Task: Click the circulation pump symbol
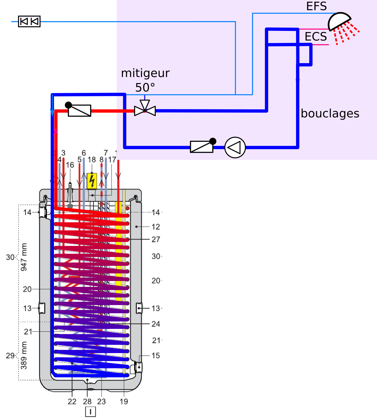point(235,147)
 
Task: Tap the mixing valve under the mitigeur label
point(145,110)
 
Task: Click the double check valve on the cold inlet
point(29,21)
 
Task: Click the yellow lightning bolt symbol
point(92,181)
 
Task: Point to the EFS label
point(316,6)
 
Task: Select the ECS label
point(316,37)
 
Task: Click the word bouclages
point(330,114)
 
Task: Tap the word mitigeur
point(145,73)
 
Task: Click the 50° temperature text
point(145,88)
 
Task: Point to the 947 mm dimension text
point(24,257)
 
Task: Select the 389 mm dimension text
point(24,355)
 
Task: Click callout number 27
point(156,239)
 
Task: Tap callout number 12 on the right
point(156,227)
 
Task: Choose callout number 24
point(156,324)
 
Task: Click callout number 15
point(156,356)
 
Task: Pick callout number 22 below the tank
point(72,401)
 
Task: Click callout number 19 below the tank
point(124,401)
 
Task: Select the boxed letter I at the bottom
point(90,412)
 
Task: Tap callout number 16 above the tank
point(70,165)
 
